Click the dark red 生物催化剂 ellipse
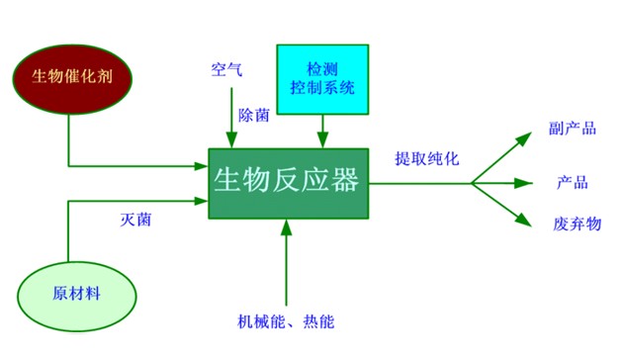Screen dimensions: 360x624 click(x=69, y=75)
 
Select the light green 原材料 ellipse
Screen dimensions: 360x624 click(x=76, y=294)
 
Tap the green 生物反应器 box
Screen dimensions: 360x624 click(x=288, y=182)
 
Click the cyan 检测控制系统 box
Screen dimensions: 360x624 click(x=322, y=78)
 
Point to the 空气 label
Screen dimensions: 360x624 click(x=225, y=70)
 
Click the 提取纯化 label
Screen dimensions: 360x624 click(x=426, y=158)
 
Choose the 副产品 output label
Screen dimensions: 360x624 click(x=573, y=130)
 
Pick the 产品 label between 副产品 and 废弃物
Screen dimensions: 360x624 click(x=573, y=182)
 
